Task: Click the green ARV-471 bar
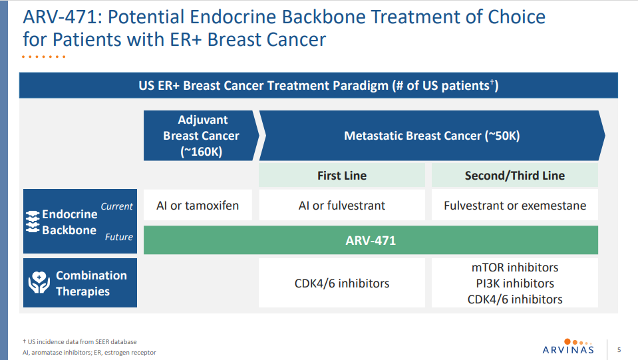(371, 240)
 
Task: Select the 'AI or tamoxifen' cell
(198, 205)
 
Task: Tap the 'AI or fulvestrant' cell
(342, 205)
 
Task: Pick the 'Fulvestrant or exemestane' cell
(515, 205)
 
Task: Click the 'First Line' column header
(342, 175)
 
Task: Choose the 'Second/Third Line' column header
(515, 175)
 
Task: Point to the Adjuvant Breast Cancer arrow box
(202, 136)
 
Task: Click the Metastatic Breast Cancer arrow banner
(432, 136)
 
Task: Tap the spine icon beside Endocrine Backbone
(33, 222)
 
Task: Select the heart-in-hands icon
(39, 282)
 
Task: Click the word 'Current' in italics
(117, 206)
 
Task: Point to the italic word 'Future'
(119, 237)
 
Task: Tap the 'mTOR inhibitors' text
(515, 268)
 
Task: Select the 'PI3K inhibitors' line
(515, 283)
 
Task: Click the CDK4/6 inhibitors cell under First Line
(342, 283)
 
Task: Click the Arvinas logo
(568, 347)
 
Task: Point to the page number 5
(619, 349)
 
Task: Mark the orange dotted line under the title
(43, 57)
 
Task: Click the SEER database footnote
(80, 341)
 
